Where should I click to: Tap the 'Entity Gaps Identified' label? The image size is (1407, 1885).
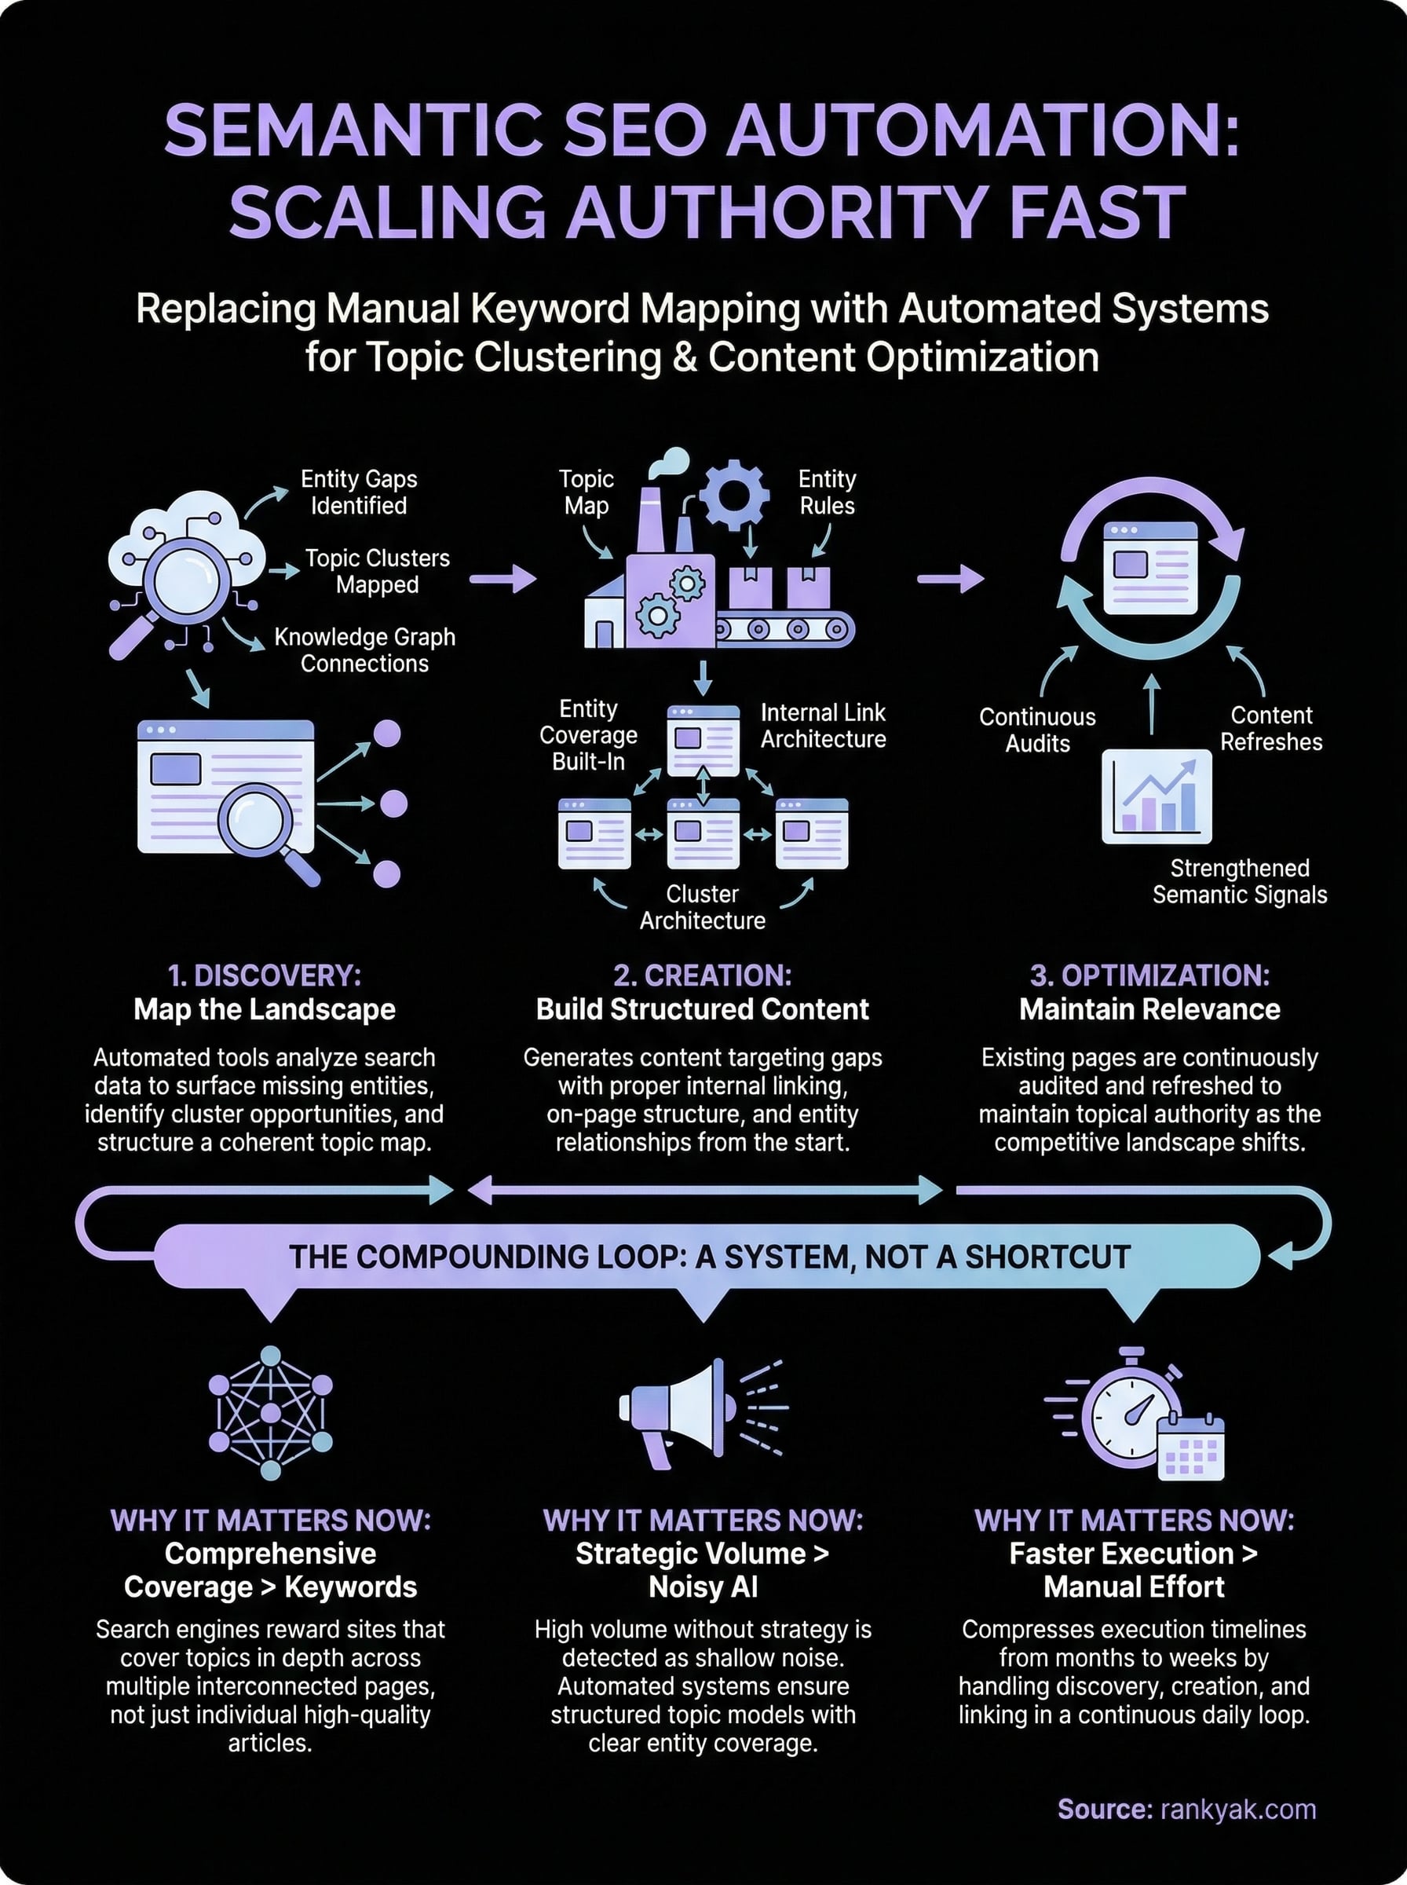pos(359,492)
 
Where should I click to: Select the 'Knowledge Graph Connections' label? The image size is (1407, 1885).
pos(364,650)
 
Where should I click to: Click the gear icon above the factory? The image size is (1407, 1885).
pos(733,494)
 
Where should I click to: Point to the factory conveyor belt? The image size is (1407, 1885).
pos(784,629)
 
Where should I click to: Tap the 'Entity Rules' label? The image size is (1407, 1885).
pos(826,492)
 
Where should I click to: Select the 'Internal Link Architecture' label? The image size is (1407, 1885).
pos(823,726)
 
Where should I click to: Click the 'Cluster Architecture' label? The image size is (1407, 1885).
pos(702,907)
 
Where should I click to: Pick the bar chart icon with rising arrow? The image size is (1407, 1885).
pos(1156,796)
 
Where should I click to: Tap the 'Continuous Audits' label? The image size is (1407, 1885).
pos(1036,730)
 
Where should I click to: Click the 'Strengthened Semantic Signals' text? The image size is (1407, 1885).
pos(1239,881)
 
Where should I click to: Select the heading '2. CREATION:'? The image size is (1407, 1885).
pos(702,975)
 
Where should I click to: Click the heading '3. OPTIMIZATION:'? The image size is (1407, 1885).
pos(1149,975)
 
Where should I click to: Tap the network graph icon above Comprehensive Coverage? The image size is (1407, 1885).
pos(270,1412)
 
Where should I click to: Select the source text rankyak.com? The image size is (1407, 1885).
pos(1237,1809)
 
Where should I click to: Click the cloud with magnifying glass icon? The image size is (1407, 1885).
pos(183,571)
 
